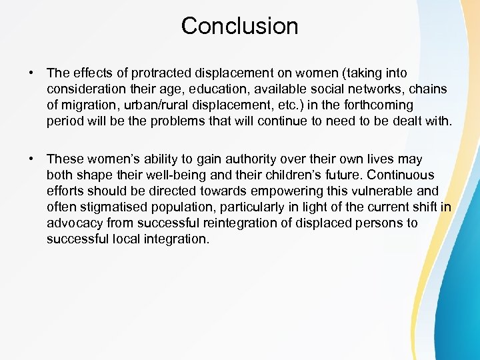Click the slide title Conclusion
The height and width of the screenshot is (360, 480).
(239, 26)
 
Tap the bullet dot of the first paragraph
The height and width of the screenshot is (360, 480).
(31, 73)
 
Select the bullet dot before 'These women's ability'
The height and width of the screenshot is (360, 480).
(31, 159)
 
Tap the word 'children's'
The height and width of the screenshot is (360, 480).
(301, 175)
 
